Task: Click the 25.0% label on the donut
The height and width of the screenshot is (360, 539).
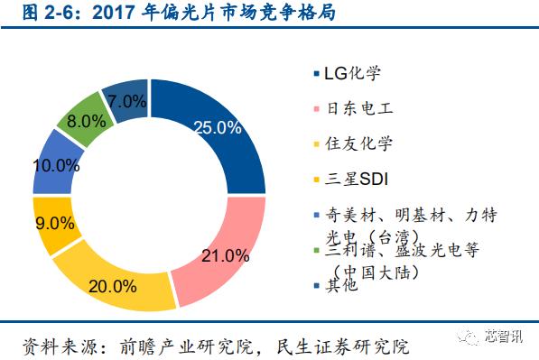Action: [217, 127]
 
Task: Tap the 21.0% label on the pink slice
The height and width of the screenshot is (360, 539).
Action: [225, 255]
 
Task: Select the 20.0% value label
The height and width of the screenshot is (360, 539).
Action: [113, 287]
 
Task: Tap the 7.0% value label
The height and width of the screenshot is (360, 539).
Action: [128, 100]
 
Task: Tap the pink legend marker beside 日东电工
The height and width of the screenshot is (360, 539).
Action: [315, 109]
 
